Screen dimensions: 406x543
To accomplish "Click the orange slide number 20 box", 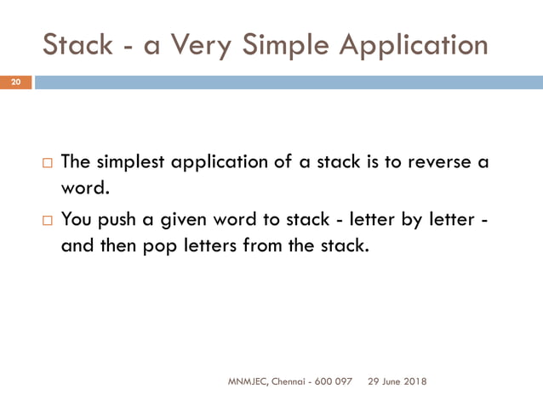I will pyautogui.click(x=15, y=82).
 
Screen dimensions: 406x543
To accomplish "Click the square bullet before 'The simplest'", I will pyautogui.click(x=47, y=162).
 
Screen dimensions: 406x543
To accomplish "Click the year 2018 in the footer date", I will pyautogui.click(x=414, y=381).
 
